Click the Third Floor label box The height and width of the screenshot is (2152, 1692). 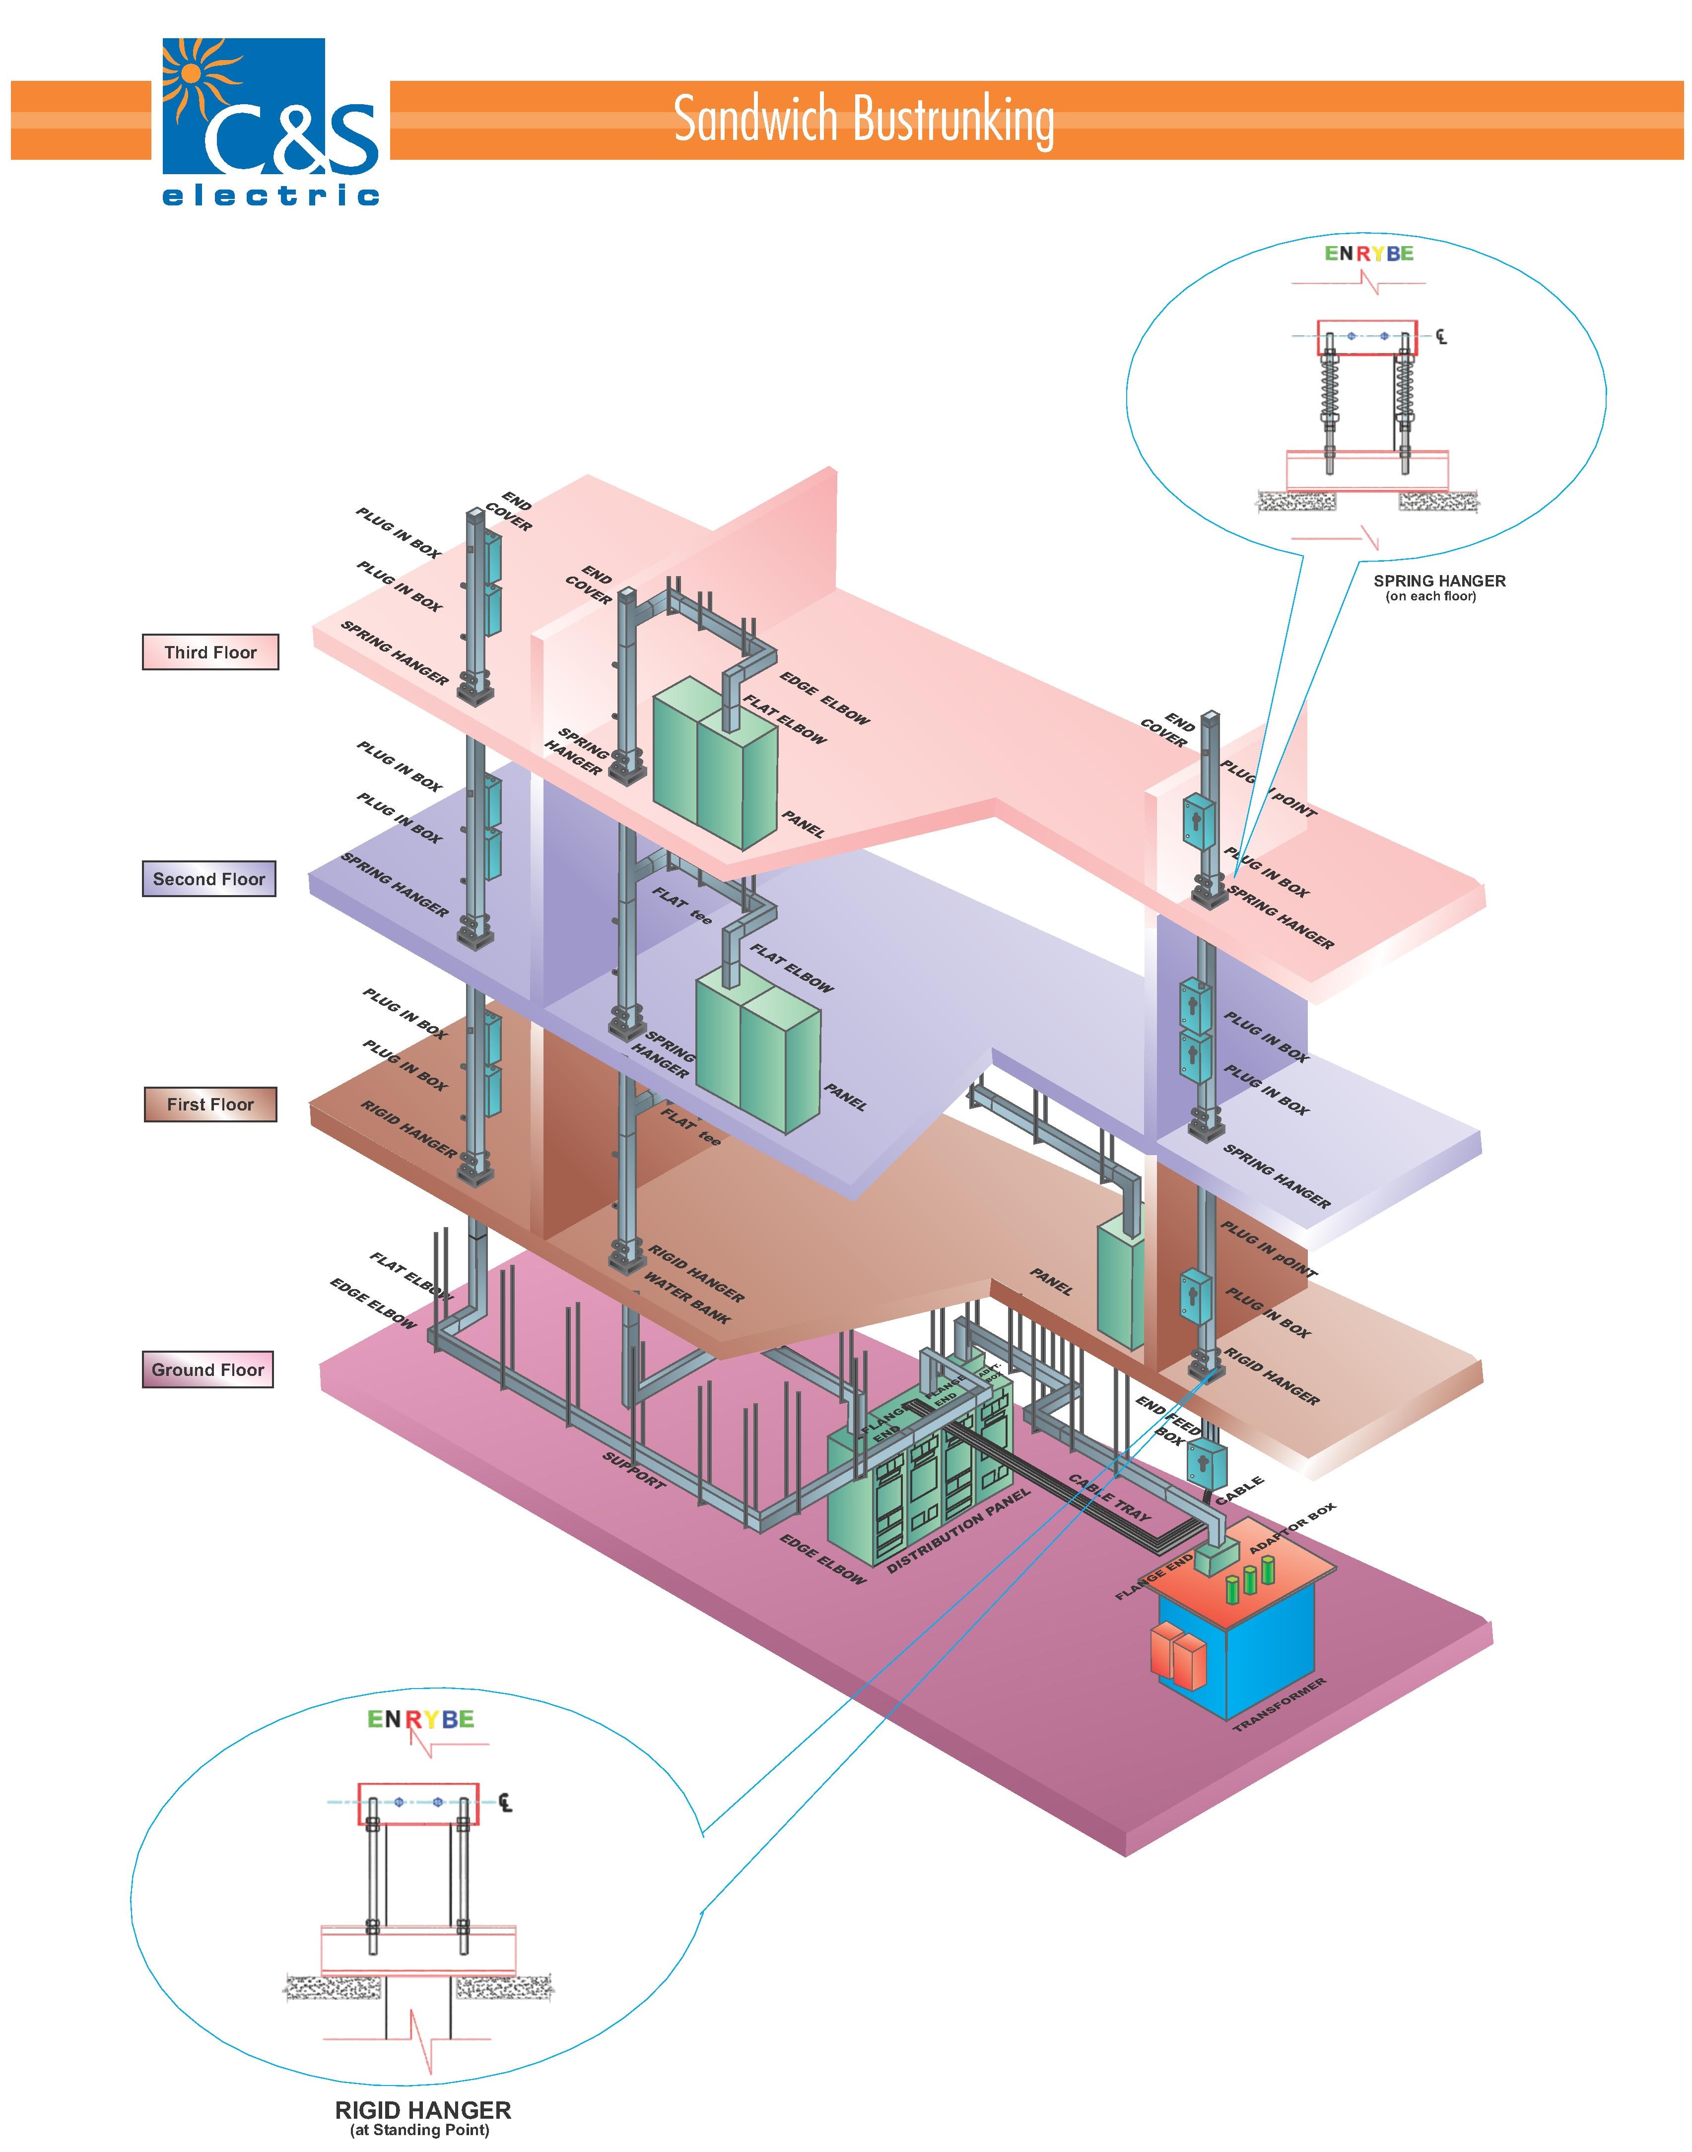(210, 652)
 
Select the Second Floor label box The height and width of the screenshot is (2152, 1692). (209, 878)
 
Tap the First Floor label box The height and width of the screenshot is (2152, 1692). (210, 1104)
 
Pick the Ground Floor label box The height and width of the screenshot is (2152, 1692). (208, 1369)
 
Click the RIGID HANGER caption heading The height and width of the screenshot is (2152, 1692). (423, 2110)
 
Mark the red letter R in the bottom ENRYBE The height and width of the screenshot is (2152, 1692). (414, 1719)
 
